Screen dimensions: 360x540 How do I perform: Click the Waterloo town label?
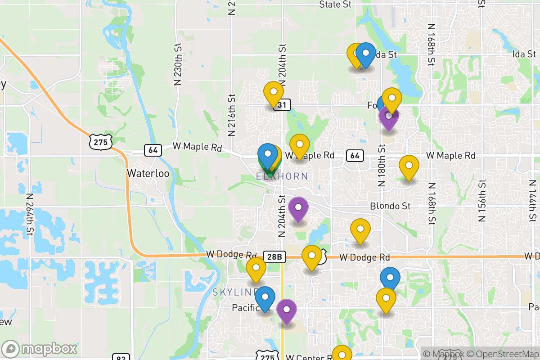point(144,173)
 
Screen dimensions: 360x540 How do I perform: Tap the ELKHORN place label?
point(282,176)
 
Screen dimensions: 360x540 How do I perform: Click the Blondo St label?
point(391,206)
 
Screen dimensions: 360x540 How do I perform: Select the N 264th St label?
point(30,215)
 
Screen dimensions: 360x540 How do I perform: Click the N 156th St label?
point(482,200)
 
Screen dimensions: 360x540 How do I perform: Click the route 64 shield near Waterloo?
point(153,150)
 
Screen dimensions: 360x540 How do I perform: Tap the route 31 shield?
point(282,105)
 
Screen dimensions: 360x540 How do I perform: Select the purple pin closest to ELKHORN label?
point(298,208)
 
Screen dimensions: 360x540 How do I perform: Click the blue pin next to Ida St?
point(365,54)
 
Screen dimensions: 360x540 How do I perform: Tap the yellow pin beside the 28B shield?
point(311,257)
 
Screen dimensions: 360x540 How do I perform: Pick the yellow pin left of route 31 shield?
point(273,93)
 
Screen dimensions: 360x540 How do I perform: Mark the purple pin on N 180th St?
point(388,117)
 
